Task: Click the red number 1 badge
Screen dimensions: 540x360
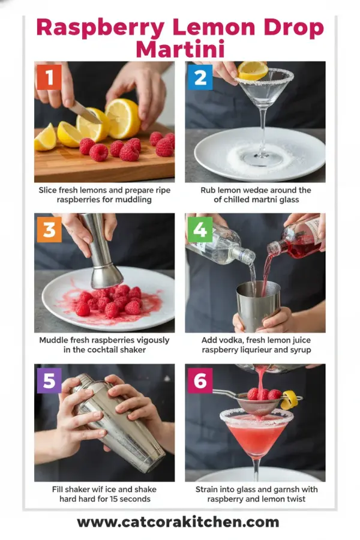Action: pos(49,77)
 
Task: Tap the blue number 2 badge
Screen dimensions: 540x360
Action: pos(200,77)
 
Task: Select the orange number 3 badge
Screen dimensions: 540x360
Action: pos(49,229)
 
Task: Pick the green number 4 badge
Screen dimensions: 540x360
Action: pos(200,229)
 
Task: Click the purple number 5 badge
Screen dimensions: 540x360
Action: pos(49,381)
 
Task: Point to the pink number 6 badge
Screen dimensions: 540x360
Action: pos(200,381)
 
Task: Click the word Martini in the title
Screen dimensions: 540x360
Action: pos(179,47)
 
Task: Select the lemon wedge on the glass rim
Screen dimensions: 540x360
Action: pos(253,71)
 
